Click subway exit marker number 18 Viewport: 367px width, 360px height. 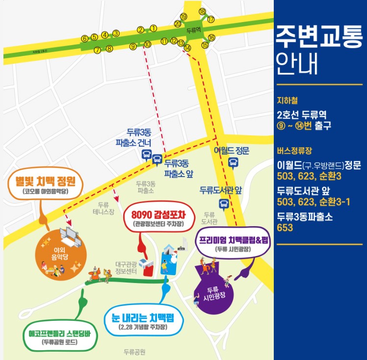point(202,11)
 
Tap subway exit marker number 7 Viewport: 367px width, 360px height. point(97,50)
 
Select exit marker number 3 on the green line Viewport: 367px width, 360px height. point(116,33)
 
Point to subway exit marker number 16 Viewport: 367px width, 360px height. point(211,37)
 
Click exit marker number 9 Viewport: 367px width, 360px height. point(132,47)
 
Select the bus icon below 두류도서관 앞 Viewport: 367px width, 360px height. point(224,204)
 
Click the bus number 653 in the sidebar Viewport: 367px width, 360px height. point(285,228)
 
